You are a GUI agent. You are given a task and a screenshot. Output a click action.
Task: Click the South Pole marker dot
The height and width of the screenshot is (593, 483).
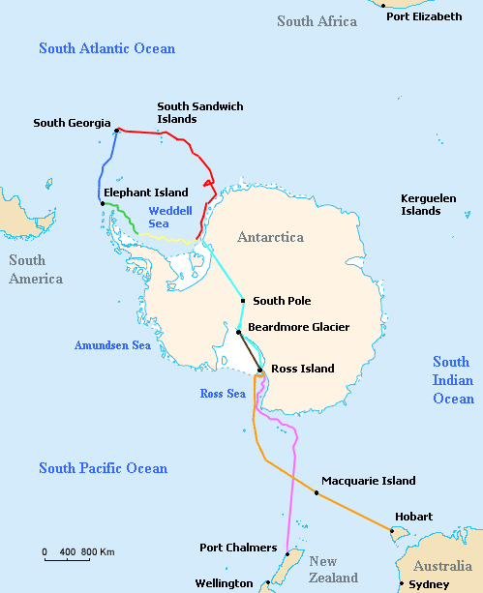243,301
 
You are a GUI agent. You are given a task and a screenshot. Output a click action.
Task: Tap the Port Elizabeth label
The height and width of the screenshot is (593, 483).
424,16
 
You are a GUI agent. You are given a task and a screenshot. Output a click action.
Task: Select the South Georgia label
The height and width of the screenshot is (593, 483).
72,123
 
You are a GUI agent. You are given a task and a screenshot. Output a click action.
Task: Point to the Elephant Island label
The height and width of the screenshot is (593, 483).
146,193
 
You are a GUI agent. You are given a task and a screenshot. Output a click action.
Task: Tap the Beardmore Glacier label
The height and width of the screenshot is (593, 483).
299,327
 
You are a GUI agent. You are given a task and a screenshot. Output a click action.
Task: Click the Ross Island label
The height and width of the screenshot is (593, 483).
303,369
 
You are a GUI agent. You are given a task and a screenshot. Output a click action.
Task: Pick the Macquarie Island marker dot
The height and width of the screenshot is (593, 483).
317,493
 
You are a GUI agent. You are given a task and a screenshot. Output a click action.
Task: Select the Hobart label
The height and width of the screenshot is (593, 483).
413,517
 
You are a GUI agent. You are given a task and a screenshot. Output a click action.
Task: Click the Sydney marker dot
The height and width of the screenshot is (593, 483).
402,583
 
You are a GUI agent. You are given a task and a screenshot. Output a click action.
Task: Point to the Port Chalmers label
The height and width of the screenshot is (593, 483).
238,548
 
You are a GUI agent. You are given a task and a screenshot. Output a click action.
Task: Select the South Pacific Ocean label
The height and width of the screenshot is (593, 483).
103,468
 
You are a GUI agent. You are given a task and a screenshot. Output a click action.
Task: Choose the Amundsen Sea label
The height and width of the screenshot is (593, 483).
112,345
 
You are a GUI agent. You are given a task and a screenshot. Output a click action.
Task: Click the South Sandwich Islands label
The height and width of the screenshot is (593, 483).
200,112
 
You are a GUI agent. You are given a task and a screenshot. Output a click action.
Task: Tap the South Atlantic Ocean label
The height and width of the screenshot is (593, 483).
106,48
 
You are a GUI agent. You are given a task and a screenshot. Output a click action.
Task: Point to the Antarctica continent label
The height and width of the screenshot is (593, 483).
270,237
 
